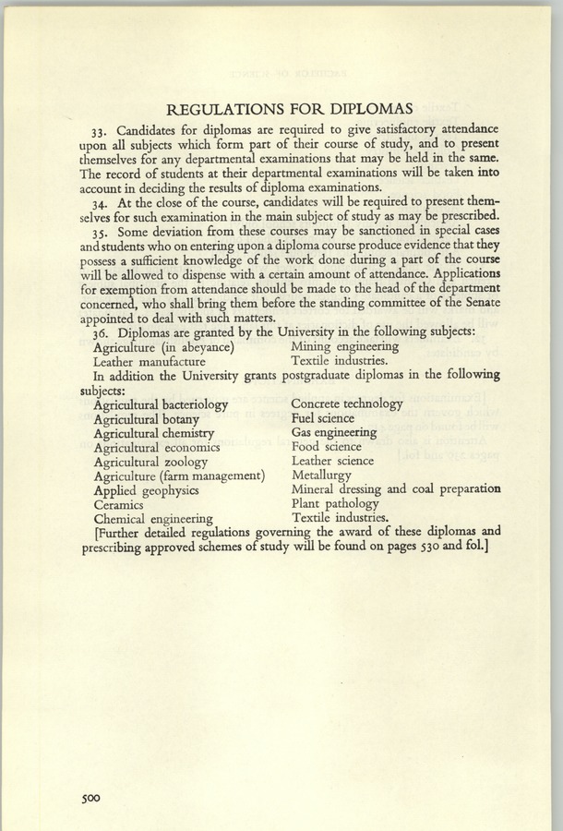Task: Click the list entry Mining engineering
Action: [344, 346]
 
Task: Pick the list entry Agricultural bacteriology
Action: [161, 404]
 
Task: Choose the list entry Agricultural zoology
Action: [150, 461]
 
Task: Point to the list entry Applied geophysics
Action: [146, 490]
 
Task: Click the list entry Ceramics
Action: [118, 505]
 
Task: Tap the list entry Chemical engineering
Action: [153, 519]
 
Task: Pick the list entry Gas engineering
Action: [333, 432]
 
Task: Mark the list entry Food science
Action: [327, 446]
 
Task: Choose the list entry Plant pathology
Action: [335, 503]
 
